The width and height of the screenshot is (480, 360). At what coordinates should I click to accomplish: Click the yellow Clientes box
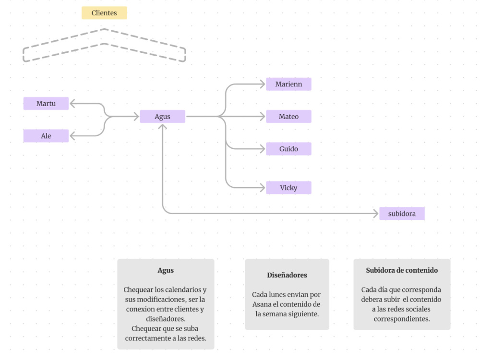[x=104, y=13]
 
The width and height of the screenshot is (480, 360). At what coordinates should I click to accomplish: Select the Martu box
[x=46, y=104]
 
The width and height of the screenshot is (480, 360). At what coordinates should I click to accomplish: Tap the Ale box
[x=46, y=136]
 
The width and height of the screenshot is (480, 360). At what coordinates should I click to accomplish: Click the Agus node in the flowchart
[x=163, y=116]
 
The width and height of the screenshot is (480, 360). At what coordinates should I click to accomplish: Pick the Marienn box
[x=288, y=84]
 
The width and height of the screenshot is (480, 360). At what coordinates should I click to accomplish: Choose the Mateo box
[x=288, y=116]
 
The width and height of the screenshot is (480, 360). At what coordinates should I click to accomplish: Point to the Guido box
[x=288, y=149]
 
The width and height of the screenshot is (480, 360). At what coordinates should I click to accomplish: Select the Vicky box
[x=288, y=188]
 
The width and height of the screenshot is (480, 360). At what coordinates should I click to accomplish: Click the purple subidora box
[x=402, y=214]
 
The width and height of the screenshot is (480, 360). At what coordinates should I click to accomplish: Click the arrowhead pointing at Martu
[x=72, y=104]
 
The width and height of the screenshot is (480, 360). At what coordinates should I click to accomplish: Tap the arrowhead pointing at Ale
[x=72, y=136]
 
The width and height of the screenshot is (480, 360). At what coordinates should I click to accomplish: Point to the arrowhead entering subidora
[x=376, y=214]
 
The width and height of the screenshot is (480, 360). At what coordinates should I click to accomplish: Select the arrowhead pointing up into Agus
[x=163, y=126]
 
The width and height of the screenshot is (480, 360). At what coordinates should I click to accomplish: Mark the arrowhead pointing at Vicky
[x=263, y=188]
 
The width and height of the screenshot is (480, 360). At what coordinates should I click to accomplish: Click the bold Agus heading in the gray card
[x=166, y=270]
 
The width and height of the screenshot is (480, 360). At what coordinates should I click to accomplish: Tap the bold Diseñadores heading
[x=287, y=275]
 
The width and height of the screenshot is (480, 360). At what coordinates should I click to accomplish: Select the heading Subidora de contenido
[x=402, y=270]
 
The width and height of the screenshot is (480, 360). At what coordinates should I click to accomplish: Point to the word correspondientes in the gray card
[x=402, y=319]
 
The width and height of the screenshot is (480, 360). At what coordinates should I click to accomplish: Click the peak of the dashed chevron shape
[x=104, y=29]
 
